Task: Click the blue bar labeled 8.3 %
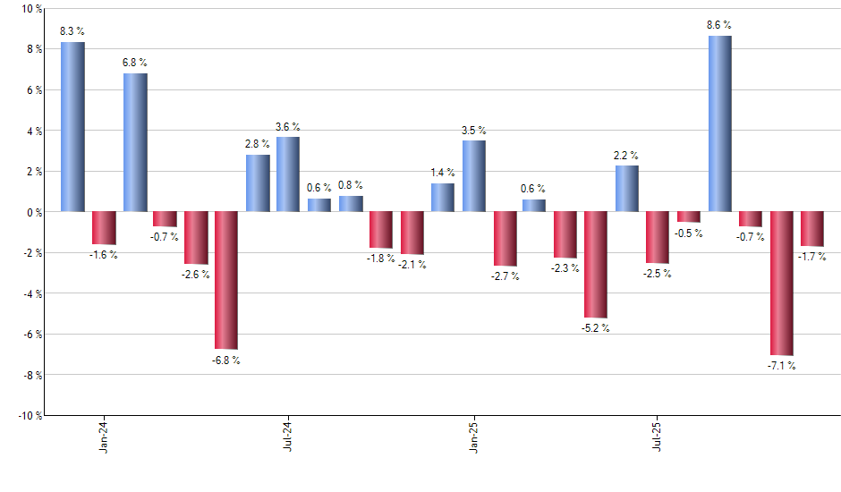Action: click(73, 127)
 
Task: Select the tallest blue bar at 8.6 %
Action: click(719, 123)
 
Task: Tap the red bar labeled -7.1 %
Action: click(781, 284)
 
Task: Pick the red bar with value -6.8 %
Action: click(226, 280)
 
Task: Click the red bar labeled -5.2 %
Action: click(596, 265)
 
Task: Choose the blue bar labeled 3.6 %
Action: click(288, 174)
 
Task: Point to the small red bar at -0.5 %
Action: click(689, 216)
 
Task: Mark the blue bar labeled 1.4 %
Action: click(442, 198)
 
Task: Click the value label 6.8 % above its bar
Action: click(135, 63)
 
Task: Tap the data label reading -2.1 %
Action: click(412, 265)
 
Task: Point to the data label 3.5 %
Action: click(473, 131)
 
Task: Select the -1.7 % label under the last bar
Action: click(812, 257)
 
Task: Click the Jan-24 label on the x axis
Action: click(105, 435)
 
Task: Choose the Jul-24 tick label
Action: click(289, 435)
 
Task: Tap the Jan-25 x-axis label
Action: click(473, 435)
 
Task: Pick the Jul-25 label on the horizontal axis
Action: click(658, 435)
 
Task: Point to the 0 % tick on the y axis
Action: click(34, 212)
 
